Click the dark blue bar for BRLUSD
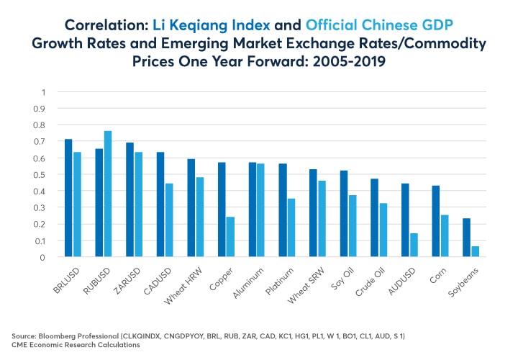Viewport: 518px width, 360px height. tap(68, 198)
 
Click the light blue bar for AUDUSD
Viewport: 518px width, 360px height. tap(414, 245)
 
